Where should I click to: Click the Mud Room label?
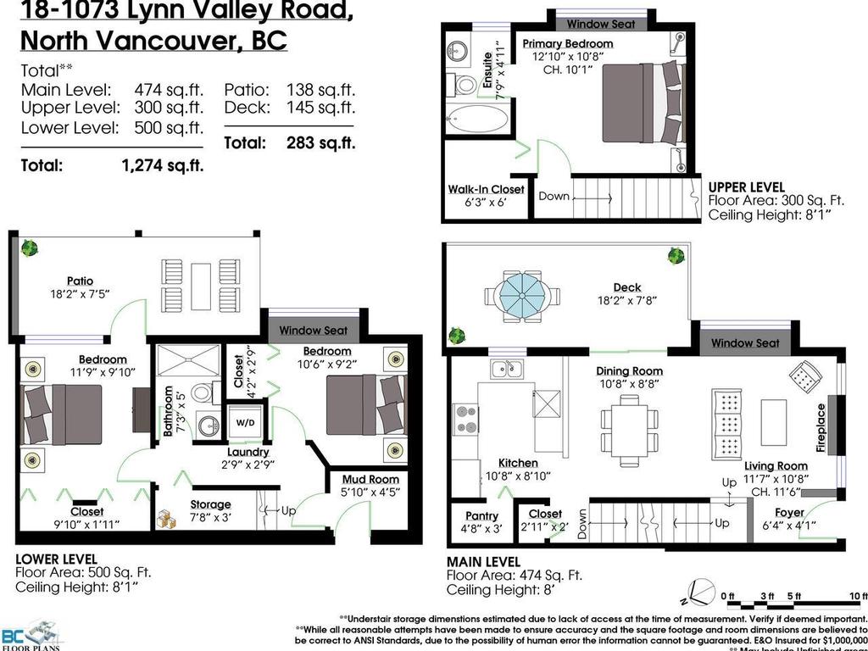pos(371,479)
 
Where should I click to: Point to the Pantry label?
pos(482,515)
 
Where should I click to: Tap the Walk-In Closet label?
pos(486,189)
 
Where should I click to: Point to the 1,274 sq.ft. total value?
pos(163,166)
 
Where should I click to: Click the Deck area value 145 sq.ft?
pos(320,108)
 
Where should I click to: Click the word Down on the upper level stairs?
pos(554,196)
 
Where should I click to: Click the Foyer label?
pos(790,512)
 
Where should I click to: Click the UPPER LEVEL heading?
pos(746,187)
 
